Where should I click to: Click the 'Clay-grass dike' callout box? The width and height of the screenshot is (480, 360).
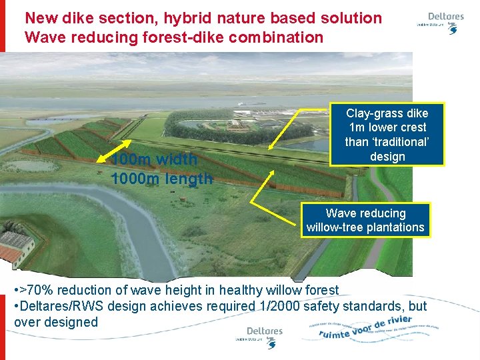point(387,135)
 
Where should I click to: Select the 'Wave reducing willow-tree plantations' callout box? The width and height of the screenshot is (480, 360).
point(365,220)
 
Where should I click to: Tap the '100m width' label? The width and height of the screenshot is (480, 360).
point(154,159)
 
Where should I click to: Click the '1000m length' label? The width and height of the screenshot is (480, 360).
point(162,178)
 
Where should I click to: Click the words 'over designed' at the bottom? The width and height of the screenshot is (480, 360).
point(56,322)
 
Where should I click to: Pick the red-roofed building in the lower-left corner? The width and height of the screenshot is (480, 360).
point(16,247)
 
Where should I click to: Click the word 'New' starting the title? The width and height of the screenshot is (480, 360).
point(41,18)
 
